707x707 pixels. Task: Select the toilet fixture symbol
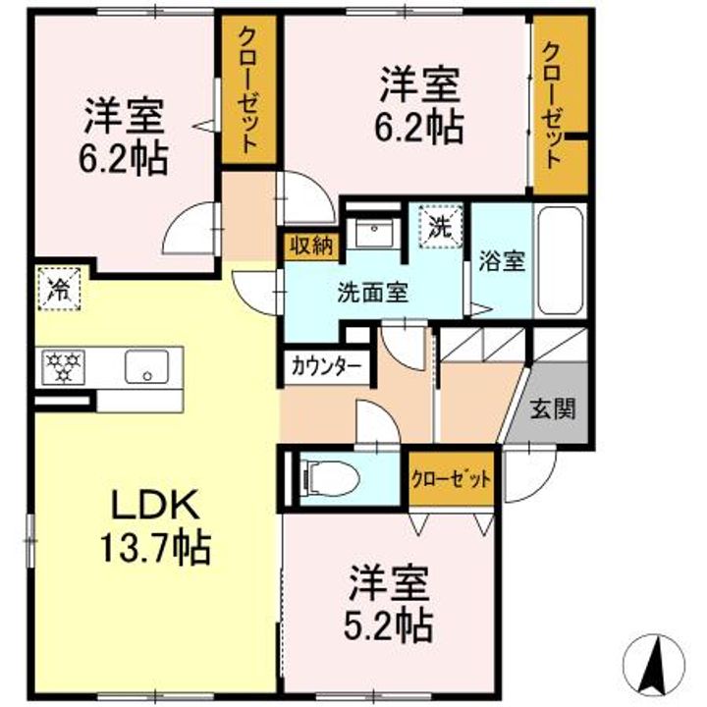pos(332,478)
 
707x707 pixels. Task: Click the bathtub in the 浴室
pos(561,261)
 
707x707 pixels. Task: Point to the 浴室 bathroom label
pos(501,262)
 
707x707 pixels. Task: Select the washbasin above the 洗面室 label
pos(373,232)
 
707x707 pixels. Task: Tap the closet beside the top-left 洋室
pos(247,91)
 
